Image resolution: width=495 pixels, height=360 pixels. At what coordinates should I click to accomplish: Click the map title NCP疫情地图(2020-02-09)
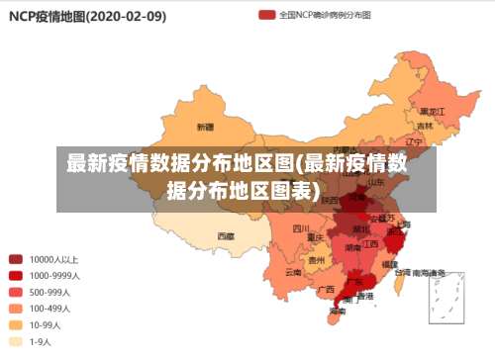click(x=87, y=17)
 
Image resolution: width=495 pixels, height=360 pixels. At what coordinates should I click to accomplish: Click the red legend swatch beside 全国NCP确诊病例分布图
click(x=266, y=16)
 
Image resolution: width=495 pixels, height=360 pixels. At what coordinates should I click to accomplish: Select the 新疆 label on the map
click(x=205, y=127)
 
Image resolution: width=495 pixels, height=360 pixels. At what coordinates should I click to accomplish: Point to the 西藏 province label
click(x=226, y=236)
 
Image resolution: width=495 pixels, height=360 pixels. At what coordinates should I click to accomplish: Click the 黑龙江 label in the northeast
click(x=431, y=111)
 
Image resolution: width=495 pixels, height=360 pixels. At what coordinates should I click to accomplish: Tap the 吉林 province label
click(x=425, y=126)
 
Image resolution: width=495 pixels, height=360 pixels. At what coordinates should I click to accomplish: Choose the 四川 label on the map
click(x=301, y=228)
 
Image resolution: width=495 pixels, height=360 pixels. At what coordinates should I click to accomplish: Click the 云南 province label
click(x=293, y=271)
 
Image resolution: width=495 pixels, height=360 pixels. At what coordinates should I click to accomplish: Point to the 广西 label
click(x=327, y=289)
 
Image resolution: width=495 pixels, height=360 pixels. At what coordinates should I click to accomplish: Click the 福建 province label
click(x=389, y=264)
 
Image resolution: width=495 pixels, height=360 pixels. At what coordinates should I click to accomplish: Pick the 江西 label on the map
click(x=370, y=242)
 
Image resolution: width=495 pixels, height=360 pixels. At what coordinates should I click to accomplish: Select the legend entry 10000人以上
click(x=54, y=259)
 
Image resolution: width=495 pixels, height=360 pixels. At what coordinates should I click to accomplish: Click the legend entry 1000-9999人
click(x=54, y=276)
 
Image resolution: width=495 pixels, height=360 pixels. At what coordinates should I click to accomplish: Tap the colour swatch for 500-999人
click(x=16, y=292)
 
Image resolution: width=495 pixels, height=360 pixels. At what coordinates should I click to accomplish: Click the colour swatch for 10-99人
click(x=16, y=324)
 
